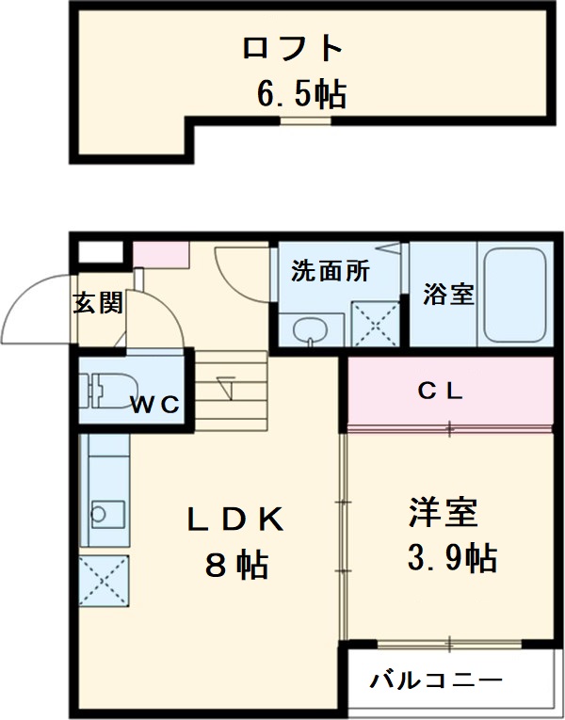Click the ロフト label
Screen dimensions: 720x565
tap(290, 48)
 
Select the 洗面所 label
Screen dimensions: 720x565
tap(330, 272)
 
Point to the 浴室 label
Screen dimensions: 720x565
tap(447, 294)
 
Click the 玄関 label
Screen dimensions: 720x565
tap(98, 303)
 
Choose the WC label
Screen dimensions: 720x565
tap(154, 406)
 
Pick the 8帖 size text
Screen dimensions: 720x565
tap(236, 565)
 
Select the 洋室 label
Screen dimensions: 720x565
tap(444, 513)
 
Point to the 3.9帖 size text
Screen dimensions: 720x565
tap(451, 559)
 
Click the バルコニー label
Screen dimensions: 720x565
tap(435, 680)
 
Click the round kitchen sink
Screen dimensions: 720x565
tap(101, 513)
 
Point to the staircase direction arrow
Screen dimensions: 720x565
tap(226, 385)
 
